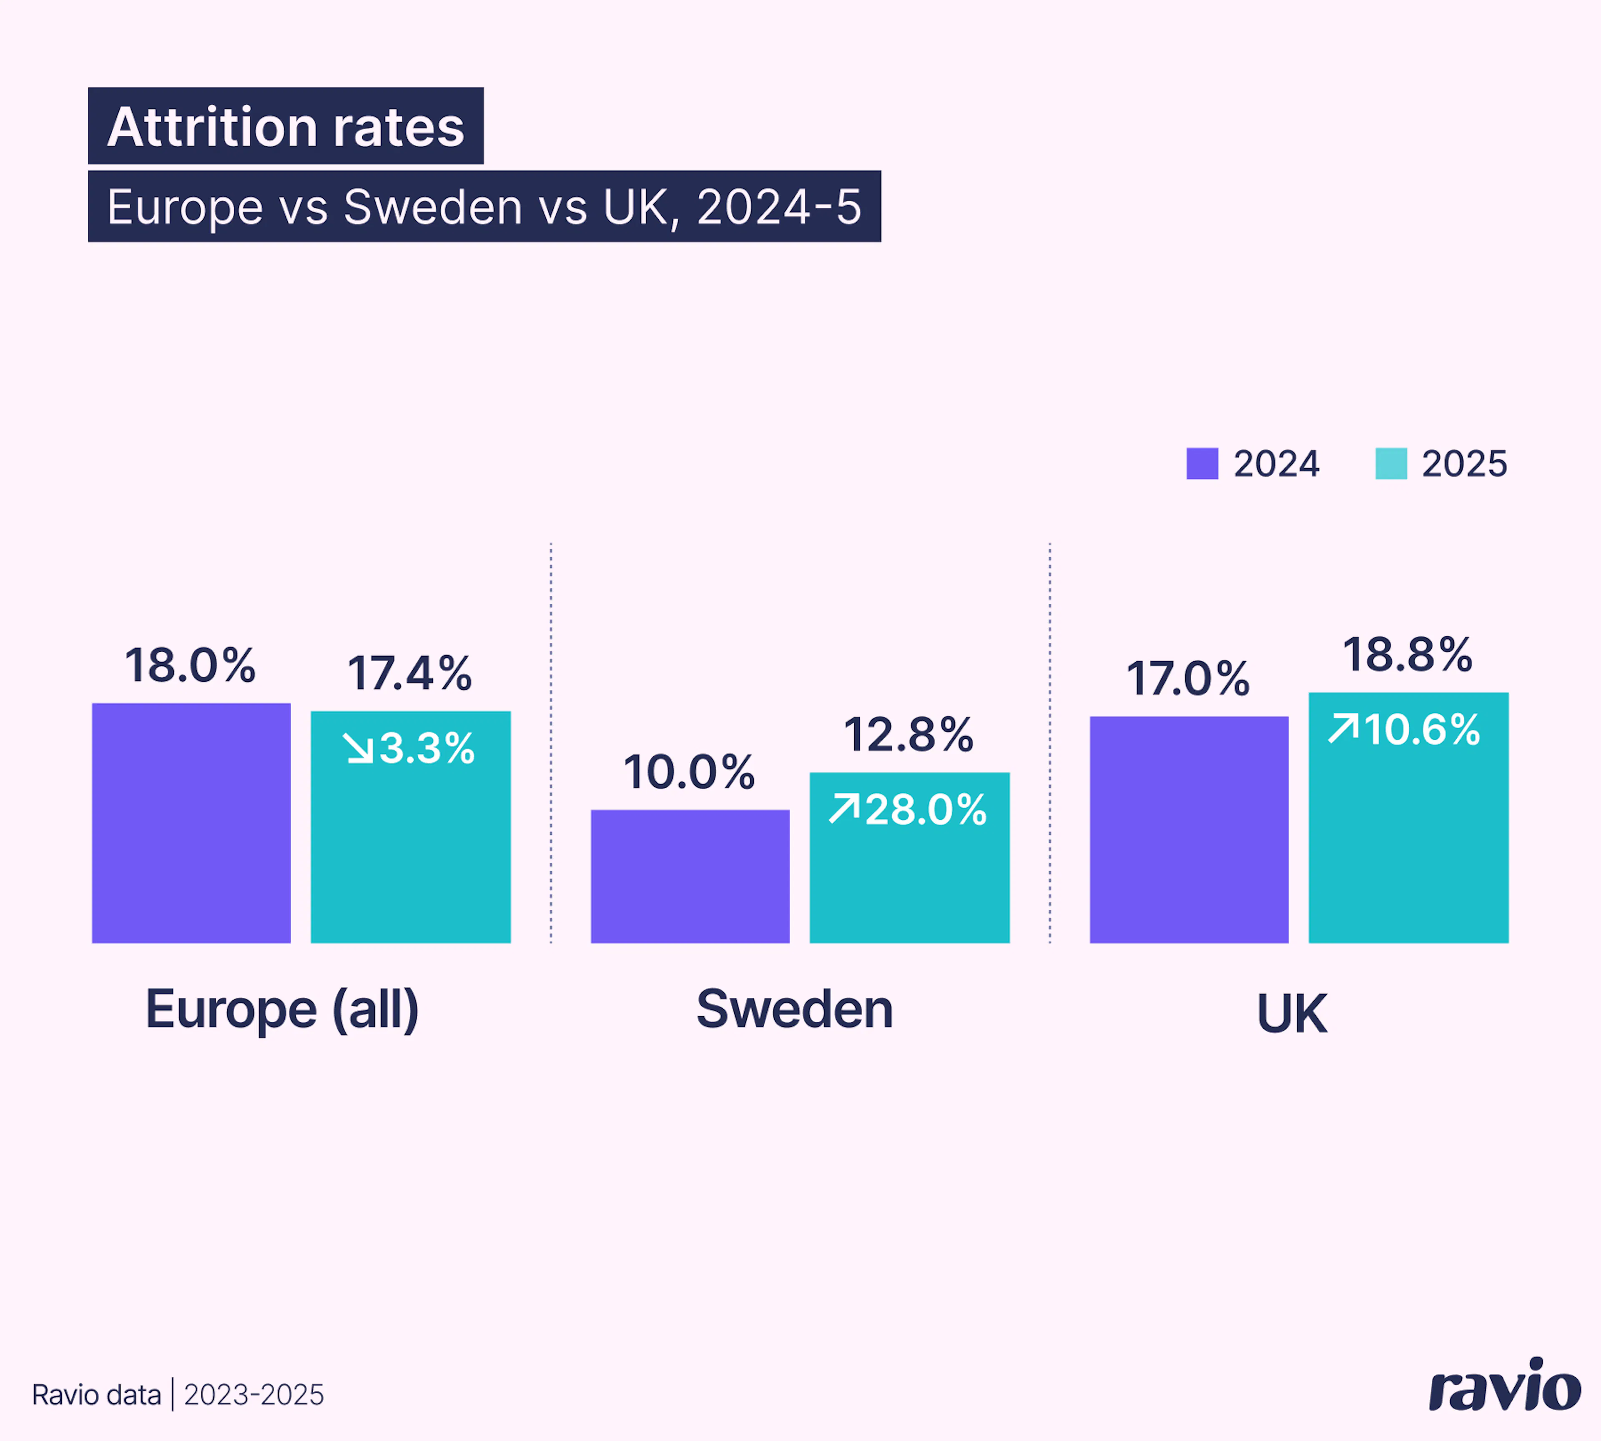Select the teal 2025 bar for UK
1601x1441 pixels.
pyautogui.click(x=1408, y=839)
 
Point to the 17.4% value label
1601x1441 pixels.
pyautogui.click(x=409, y=674)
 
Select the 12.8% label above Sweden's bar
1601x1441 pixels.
pyautogui.click(x=908, y=735)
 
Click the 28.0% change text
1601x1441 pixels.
pyautogui.click(x=926, y=809)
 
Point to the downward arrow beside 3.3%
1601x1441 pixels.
pyautogui.click(x=359, y=748)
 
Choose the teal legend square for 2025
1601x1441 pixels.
pyautogui.click(x=1390, y=463)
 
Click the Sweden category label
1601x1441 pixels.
pyautogui.click(x=794, y=1009)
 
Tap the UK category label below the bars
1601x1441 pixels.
pyautogui.click(x=1291, y=1014)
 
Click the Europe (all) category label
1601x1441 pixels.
pyautogui.click(x=282, y=1009)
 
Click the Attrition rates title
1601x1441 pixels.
pyautogui.click(x=286, y=127)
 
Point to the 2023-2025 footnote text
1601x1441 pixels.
pyautogui.click(x=253, y=1394)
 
